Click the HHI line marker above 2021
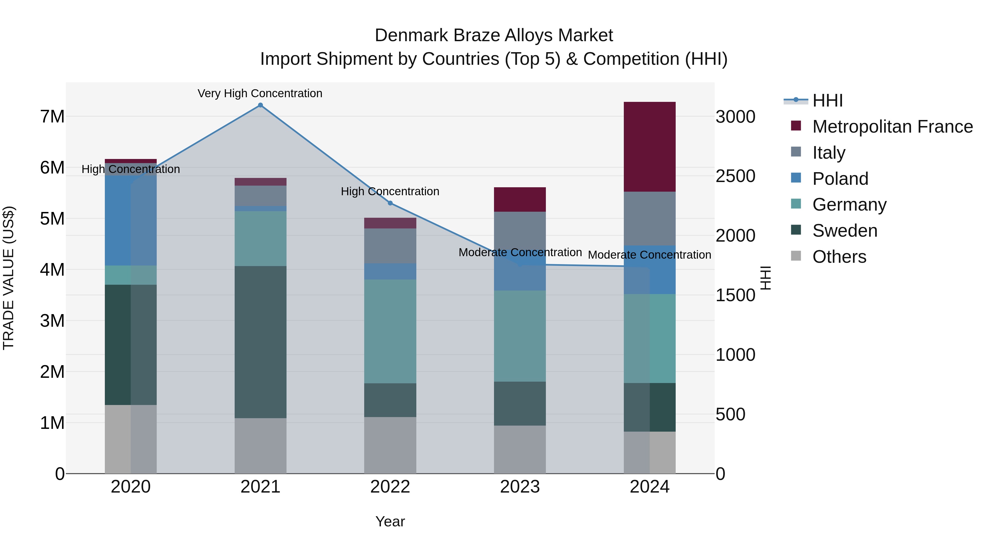pos(260,105)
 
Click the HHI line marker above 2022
pos(390,203)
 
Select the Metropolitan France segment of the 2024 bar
pos(649,147)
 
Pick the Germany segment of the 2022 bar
pos(390,331)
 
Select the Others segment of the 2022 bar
pos(390,445)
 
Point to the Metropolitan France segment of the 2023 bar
pos(520,200)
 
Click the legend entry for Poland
pos(840,179)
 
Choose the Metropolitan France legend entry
pos(892,127)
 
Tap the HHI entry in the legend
pos(827,100)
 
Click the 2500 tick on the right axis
pos(735,176)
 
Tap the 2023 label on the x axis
pos(520,487)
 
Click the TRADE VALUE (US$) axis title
pos(9,278)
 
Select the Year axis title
pos(390,521)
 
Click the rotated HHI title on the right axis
pos(765,278)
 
